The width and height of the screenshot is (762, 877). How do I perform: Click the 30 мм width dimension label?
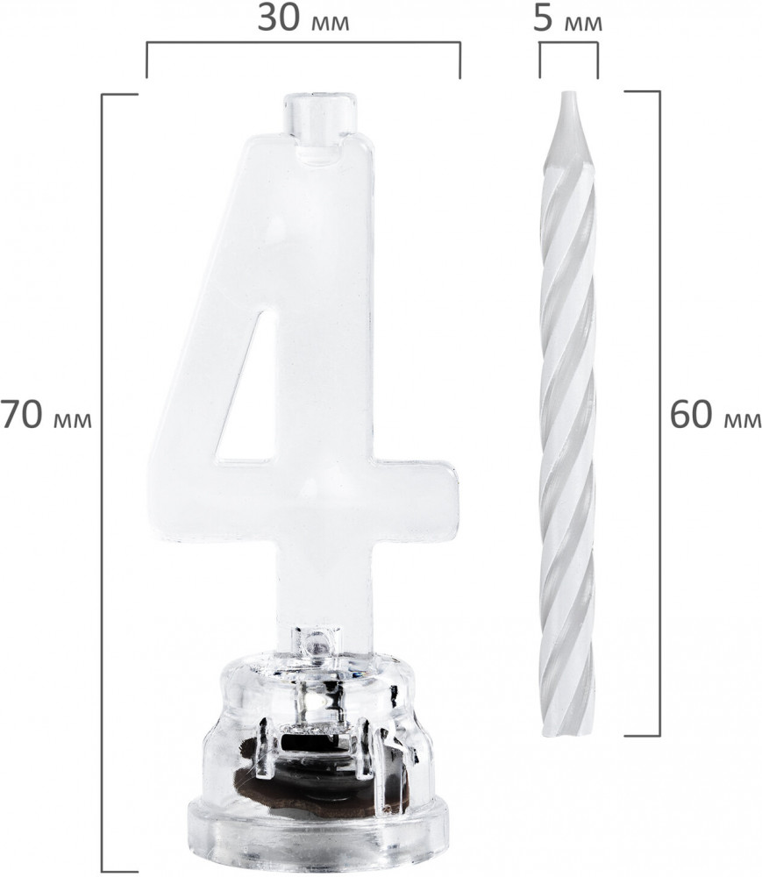click(303, 20)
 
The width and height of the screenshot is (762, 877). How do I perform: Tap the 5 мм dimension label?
click(567, 20)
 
